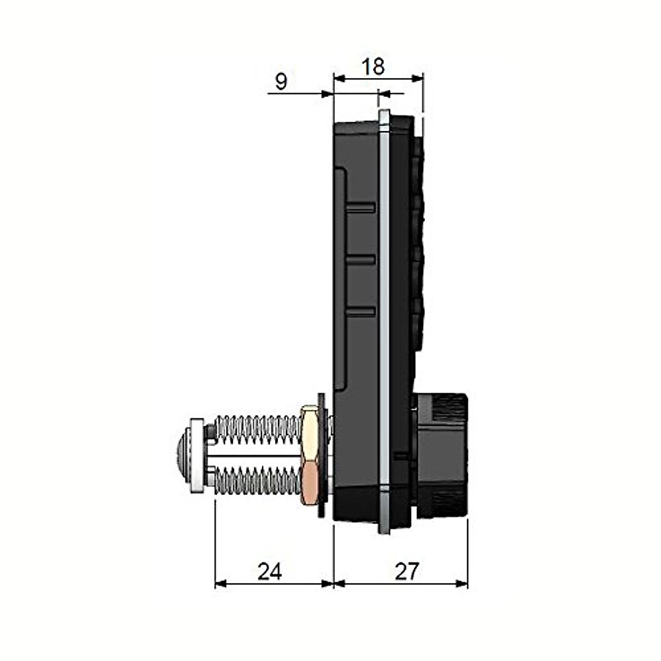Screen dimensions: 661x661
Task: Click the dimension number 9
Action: [x=281, y=82]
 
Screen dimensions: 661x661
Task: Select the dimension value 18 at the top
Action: [x=373, y=67]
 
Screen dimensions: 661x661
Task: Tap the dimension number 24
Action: [x=269, y=572]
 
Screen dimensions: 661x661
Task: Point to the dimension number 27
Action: [x=407, y=572]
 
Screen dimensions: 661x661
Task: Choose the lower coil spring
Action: [x=256, y=481]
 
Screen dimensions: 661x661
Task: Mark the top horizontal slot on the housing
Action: [x=361, y=207]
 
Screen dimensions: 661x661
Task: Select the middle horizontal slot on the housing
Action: [x=361, y=259]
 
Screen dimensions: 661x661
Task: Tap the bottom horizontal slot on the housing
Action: [x=361, y=312]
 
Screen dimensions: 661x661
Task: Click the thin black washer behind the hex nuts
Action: [x=322, y=454]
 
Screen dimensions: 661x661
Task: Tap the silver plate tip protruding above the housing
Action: [x=384, y=116]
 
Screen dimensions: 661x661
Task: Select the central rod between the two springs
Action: [x=253, y=456]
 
